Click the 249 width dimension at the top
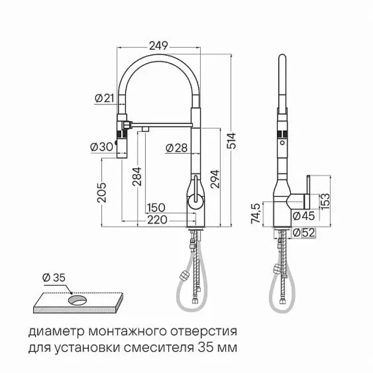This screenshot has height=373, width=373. pyautogui.click(x=159, y=46)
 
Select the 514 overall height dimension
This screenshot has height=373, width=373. pyautogui.click(x=231, y=141)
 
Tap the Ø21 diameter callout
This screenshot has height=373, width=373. pyautogui.click(x=104, y=98)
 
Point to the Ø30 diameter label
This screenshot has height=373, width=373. pyautogui.click(x=102, y=147)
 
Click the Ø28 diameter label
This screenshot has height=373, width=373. pyautogui.click(x=177, y=148)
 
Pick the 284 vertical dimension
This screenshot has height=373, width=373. pyautogui.click(x=137, y=177)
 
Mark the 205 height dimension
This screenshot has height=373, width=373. pyautogui.click(x=102, y=192)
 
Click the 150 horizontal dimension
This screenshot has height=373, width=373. pyautogui.click(x=156, y=207)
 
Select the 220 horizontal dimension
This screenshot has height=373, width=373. pyautogui.click(x=157, y=220)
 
